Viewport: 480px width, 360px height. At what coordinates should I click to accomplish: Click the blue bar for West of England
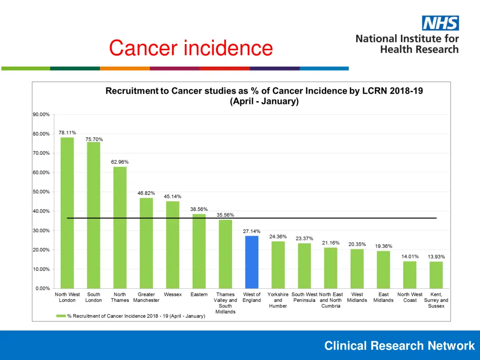click(x=252, y=262)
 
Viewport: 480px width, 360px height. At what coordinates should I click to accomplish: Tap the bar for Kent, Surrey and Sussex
click(x=436, y=275)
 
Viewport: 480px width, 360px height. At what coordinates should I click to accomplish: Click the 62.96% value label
click(x=120, y=162)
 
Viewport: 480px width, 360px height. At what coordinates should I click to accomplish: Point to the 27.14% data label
click(x=251, y=231)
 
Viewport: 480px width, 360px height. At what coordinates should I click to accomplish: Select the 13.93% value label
click(x=436, y=257)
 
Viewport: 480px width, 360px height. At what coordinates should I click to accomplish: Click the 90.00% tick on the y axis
click(x=41, y=114)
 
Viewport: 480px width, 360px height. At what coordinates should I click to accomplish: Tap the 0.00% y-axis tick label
click(x=43, y=288)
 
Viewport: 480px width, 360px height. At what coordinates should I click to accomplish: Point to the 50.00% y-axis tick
click(x=41, y=192)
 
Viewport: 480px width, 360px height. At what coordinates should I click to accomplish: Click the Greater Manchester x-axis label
click(x=146, y=297)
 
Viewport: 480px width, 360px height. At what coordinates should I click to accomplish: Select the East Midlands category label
click(x=383, y=297)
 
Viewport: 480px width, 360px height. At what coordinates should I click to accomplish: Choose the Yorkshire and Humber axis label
click(x=278, y=300)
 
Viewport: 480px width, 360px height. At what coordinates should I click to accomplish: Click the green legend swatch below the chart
click(x=60, y=316)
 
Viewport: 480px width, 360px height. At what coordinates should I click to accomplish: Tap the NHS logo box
click(x=440, y=23)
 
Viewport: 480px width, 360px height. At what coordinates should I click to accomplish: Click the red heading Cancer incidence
click(x=190, y=48)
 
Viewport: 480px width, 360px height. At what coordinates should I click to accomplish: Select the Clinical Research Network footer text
click(x=399, y=346)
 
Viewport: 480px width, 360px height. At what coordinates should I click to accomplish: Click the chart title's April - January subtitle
click(x=264, y=101)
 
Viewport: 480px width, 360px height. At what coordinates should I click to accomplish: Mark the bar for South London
click(x=93, y=215)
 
